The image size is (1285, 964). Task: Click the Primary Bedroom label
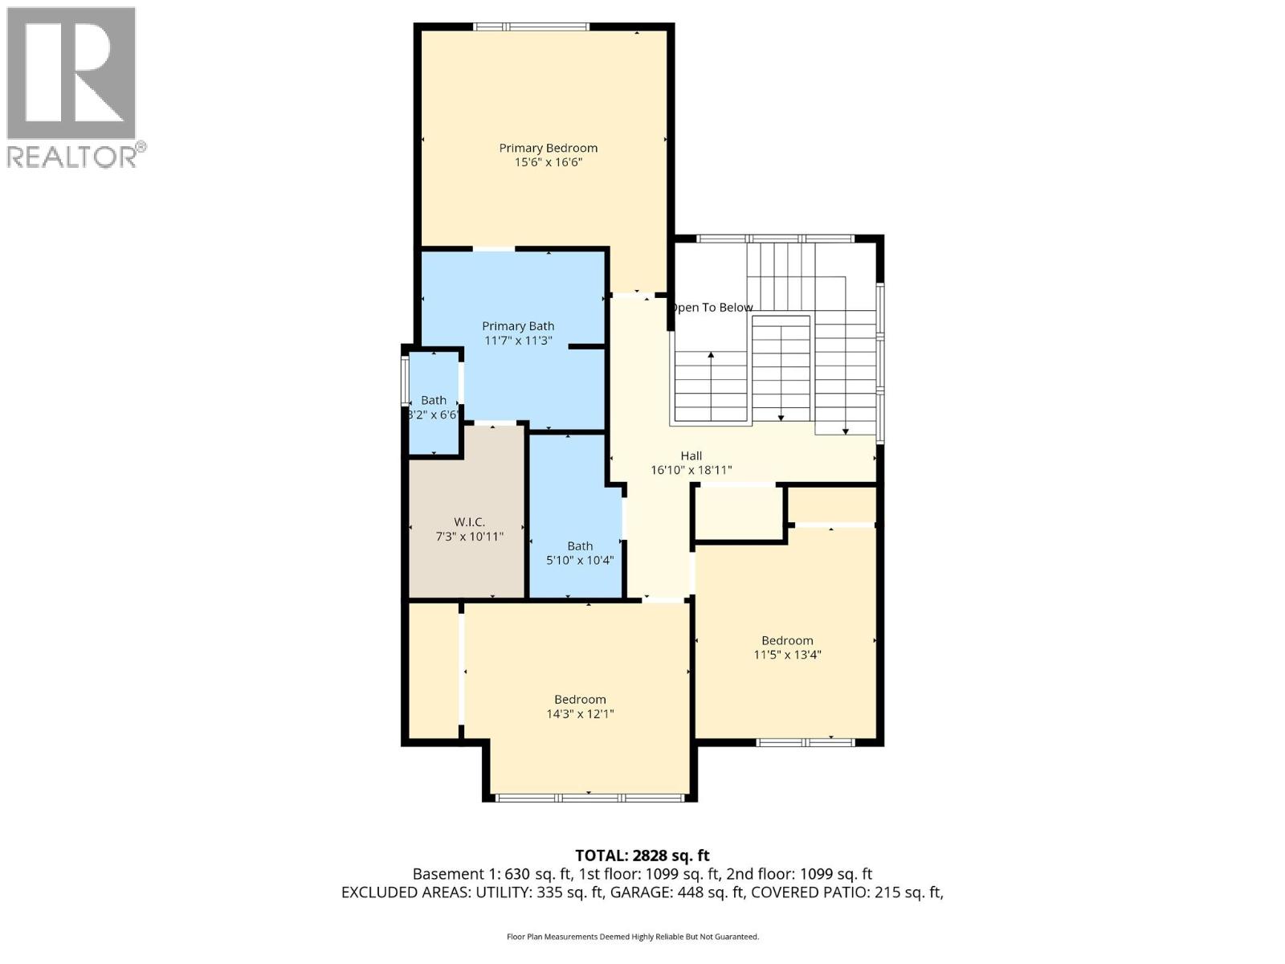click(548, 148)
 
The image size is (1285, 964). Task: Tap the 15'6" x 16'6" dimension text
click(548, 162)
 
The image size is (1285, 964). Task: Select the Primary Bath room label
click(518, 326)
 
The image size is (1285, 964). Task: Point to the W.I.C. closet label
click(469, 522)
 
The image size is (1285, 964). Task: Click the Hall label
click(691, 455)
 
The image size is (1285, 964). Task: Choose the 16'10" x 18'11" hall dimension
click(691, 471)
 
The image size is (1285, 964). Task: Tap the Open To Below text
click(712, 308)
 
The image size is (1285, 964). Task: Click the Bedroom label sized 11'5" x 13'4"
click(787, 640)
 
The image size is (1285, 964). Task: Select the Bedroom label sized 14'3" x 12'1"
click(580, 700)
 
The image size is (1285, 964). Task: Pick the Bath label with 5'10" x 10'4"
click(580, 546)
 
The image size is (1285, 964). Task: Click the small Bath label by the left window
click(434, 400)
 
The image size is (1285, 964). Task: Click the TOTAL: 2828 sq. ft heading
click(642, 856)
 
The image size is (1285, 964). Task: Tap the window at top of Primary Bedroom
click(531, 27)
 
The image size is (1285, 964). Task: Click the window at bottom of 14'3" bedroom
click(589, 798)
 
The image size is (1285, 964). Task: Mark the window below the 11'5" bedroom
click(806, 742)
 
